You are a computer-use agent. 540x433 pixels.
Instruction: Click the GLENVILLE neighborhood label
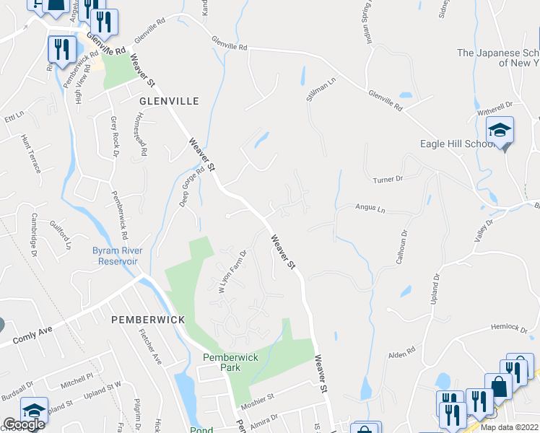(169, 102)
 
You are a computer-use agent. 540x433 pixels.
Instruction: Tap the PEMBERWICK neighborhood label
(148, 319)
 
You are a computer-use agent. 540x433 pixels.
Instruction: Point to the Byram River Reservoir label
(117, 255)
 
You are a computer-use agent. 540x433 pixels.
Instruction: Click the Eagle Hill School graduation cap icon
(500, 131)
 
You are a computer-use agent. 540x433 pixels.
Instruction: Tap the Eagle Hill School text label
(457, 144)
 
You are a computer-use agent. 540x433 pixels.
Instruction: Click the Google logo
(24, 424)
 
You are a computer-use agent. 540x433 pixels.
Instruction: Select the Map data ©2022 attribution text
(509, 427)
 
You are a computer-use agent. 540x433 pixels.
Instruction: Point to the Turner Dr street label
(387, 178)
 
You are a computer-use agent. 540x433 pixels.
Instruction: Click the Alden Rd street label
(401, 351)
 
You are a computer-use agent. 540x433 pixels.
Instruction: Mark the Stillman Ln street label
(321, 94)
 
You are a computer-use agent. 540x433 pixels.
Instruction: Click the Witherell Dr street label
(495, 112)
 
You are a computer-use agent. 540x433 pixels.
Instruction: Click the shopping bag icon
(497, 386)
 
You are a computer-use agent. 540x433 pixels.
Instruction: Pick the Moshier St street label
(262, 397)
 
